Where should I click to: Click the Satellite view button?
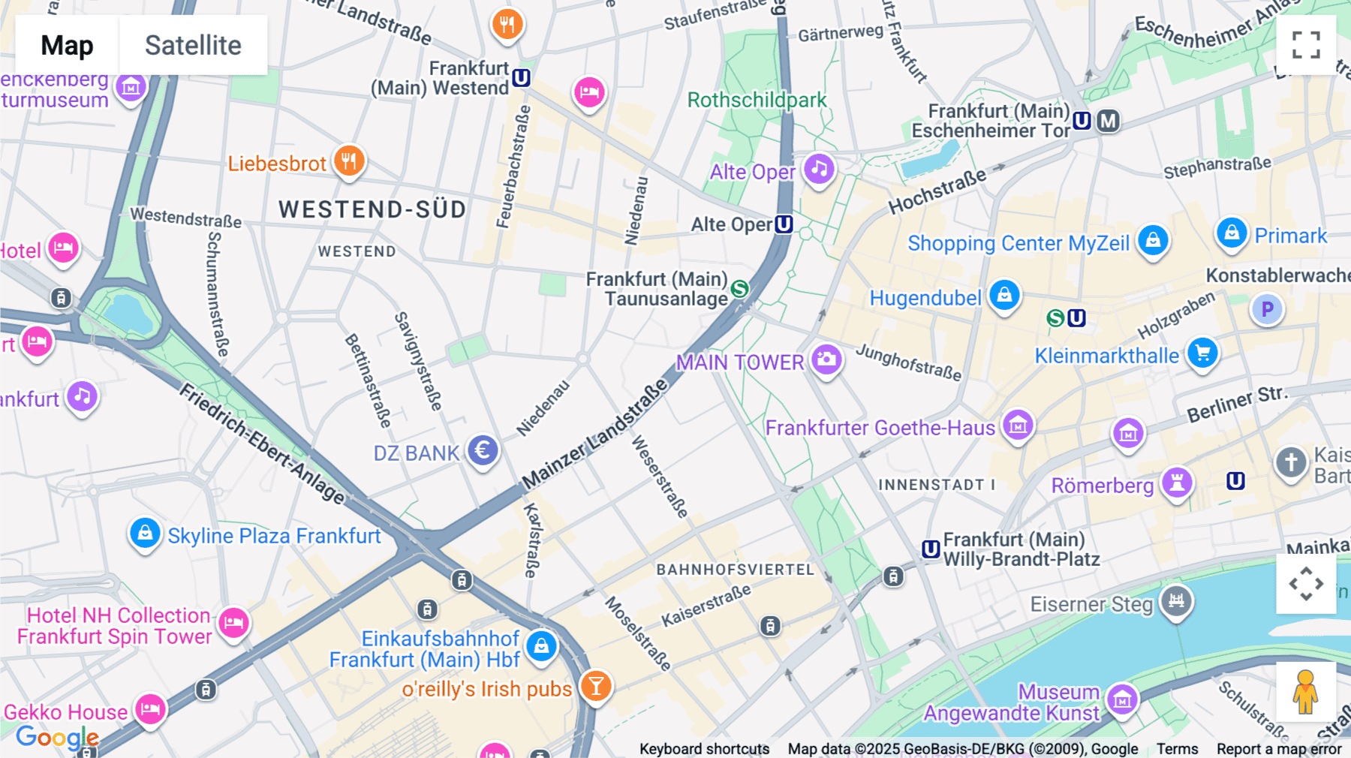coord(193,45)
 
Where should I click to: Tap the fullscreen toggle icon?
coord(1306,45)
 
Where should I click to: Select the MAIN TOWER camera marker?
coord(826,359)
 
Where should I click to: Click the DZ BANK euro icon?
coord(483,450)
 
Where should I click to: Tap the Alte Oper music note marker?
coord(819,169)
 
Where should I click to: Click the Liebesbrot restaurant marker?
coord(349,160)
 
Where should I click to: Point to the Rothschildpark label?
coord(757,100)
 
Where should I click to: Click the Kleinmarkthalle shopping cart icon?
coord(1202,352)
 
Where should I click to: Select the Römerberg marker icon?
coord(1177,482)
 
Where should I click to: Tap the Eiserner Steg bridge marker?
coord(1176,600)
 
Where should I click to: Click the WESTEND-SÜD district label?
coord(372,209)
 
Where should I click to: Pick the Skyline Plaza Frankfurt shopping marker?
coord(145,533)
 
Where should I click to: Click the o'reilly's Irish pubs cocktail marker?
coord(596,685)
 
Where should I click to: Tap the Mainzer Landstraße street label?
coord(594,435)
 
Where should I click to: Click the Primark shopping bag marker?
coord(1232,233)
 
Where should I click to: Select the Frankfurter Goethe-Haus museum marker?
coord(1019,426)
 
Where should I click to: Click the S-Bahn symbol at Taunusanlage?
coord(739,288)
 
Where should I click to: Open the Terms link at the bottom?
coord(1177,749)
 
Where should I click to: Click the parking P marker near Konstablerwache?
coord(1267,309)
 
